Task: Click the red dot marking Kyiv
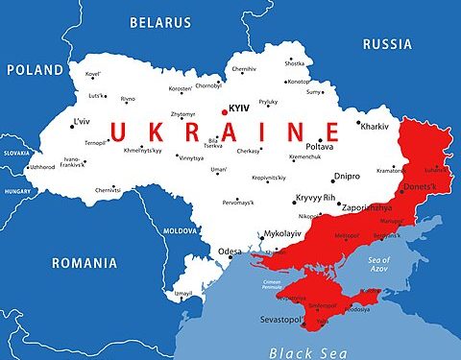click(x=225, y=112)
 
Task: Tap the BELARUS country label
click(x=161, y=20)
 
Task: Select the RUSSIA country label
click(x=388, y=43)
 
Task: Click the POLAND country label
click(x=34, y=69)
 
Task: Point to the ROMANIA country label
click(x=85, y=262)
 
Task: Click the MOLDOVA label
click(x=182, y=231)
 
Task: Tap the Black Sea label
click(x=305, y=351)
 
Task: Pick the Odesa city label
click(x=230, y=252)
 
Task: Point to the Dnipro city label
click(x=347, y=176)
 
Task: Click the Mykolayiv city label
click(x=289, y=233)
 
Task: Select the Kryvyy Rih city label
click(x=315, y=198)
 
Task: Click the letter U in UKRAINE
click(x=122, y=132)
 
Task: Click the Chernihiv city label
click(x=244, y=69)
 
